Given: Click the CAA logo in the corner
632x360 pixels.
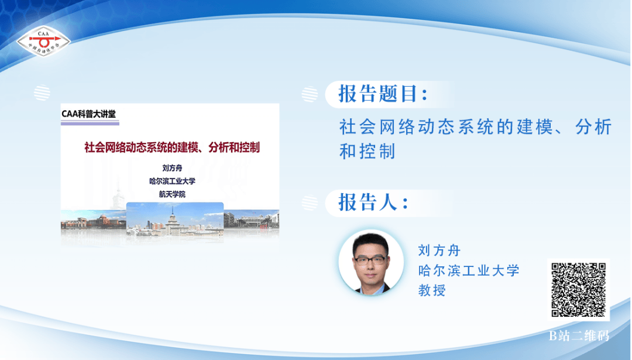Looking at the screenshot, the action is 43,41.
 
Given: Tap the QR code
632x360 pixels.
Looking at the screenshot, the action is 578,289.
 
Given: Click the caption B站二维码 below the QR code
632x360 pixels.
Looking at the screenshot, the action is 579,335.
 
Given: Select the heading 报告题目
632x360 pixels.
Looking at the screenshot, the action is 383,94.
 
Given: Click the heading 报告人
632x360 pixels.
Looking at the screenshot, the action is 373,202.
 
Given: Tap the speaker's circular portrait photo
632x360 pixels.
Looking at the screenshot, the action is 371,262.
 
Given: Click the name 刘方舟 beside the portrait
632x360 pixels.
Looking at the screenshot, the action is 439,251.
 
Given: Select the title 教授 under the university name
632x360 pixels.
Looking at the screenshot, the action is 432,290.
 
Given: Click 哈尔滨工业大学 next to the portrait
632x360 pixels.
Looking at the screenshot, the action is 468,270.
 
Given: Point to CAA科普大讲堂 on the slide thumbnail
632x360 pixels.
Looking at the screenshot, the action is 89,114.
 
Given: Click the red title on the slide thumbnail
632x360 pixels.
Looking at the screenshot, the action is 171,148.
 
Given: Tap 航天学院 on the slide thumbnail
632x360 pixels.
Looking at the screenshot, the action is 172,194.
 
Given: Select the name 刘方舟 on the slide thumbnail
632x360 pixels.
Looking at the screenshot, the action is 172,168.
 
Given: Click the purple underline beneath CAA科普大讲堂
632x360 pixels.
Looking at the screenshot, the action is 90,124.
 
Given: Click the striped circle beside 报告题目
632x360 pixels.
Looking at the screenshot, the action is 310,94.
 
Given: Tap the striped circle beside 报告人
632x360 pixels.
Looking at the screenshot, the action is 310,203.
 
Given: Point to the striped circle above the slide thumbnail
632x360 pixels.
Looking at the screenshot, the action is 42,93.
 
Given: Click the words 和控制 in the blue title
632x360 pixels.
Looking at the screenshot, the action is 367,152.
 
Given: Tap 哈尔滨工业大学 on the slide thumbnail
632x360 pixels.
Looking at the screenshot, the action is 172,181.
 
